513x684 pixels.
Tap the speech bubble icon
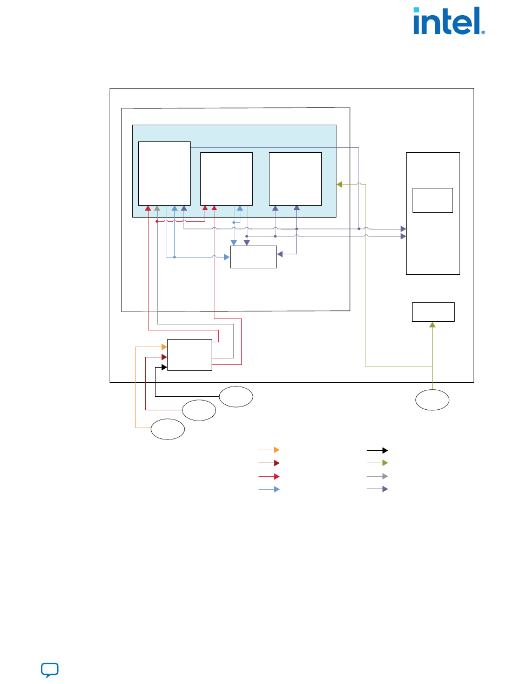click(x=50, y=670)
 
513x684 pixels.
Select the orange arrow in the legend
click(x=268, y=450)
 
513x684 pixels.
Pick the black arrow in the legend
click(x=377, y=450)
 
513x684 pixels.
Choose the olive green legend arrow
click(x=377, y=463)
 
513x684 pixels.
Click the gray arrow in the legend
click(x=377, y=476)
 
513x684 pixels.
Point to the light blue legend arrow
click(x=268, y=489)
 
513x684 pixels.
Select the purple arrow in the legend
click(x=377, y=489)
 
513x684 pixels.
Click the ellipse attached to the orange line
click(x=167, y=429)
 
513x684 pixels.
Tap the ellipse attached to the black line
click(x=236, y=397)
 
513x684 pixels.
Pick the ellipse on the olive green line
click(x=432, y=399)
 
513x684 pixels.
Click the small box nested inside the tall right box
click(x=432, y=200)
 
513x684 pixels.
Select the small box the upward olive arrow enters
click(x=433, y=312)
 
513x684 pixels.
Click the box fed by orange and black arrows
click(x=190, y=355)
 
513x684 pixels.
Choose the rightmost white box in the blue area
click(x=295, y=179)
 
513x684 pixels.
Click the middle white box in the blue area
click(x=226, y=179)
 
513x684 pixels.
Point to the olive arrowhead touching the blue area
click(x=340, y=185)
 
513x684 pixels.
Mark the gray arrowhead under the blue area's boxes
click(x=157, y=208)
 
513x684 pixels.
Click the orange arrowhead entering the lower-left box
click(x=164, y=347)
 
